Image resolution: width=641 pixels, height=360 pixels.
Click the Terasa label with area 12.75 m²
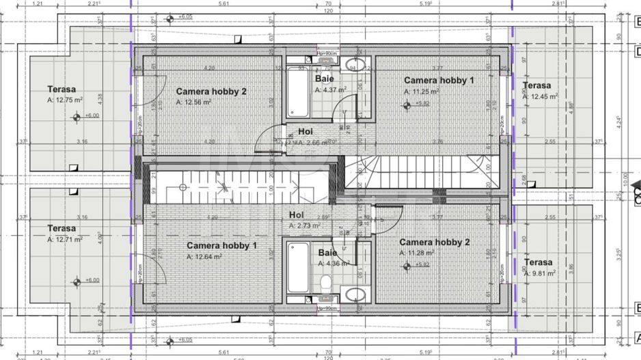pyautogui.click(x=62, y=89)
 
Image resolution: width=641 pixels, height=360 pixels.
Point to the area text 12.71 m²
pyautogui.click(x=65, y=240)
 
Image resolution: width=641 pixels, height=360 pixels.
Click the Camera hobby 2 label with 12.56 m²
pyautogui.click(x=211, y=91)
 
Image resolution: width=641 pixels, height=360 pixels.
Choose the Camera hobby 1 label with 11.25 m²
pyautogui.click(x=438, y=80)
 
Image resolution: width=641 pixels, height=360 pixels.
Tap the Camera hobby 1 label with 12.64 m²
pyautogui.click(x=222, y=245)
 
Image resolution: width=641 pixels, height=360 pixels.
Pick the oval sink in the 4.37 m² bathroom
pyautogui.click(x=355, y=66)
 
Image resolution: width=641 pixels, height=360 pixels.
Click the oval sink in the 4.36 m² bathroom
pyautogui.click(x=355, y=294)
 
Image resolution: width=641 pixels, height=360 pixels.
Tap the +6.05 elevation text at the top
pyautogui.click(x=185, y=16)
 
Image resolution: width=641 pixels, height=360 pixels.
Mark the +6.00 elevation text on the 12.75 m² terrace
pyautogui.click(x=91, y=115)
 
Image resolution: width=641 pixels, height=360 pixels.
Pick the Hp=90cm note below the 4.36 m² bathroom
pyautogui.click(x=328, y=307)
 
